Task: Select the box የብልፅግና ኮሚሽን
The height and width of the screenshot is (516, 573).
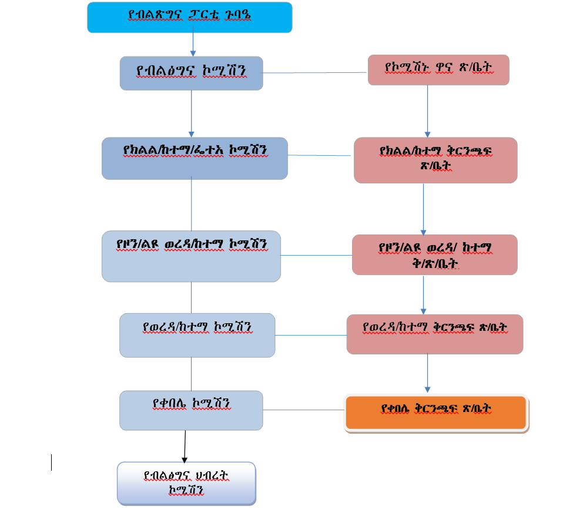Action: (x=191, y=73)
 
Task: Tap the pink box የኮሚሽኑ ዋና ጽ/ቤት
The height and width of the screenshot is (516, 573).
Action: (x=438, y=70)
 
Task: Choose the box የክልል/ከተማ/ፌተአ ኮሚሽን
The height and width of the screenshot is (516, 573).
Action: (x=195, y=158)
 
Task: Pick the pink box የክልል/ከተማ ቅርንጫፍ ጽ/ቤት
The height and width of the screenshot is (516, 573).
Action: (x=435, y=160)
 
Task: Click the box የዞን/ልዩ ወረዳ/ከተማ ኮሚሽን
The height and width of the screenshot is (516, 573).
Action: (x=191, y=256)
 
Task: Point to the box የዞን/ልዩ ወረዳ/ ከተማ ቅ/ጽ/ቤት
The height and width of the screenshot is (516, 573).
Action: (x=434, y=254)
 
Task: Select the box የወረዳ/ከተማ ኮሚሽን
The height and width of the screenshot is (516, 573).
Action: (x=197, y=335)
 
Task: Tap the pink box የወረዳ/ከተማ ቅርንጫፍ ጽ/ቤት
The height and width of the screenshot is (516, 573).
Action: (x=434, y=334)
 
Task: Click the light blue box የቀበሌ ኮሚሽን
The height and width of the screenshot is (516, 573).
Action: (x=191, y=410)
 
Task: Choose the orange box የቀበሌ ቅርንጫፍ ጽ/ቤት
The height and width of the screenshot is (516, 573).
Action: (x=436, y=413)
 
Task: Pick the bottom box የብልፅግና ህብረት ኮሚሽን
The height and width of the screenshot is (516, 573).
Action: (x=186, y=483)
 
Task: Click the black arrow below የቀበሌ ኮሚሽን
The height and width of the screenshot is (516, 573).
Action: (x=185, y=447)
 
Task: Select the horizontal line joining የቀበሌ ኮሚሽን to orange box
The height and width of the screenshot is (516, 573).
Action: (x=303, y=410)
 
